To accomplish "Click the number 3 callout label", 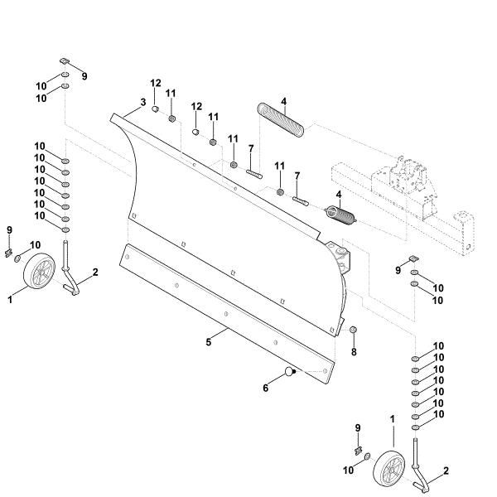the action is (x=143, y=103).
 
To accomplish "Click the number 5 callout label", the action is (x=208, y=342).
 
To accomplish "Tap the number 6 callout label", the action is (x=266, y=388).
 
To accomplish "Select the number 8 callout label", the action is (x=354, y=352).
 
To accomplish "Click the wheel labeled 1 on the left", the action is (x=39, y=271).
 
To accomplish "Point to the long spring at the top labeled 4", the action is (x=281, y=120).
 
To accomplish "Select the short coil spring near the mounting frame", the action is (x=341, y=215).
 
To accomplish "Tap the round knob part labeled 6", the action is (x=290, y=371).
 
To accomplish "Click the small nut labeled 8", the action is (x=354, y=330).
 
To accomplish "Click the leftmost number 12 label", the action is (x=156, y=83).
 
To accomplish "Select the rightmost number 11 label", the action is (x=279, y=166).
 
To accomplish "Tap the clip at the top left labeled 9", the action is (x=65, y=60).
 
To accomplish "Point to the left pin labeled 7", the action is (x=254, y=173).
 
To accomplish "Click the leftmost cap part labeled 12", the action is (x=155, y=109).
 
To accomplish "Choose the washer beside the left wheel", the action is (x=17, y=258).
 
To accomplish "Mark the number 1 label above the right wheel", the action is (x=393, y=419).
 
